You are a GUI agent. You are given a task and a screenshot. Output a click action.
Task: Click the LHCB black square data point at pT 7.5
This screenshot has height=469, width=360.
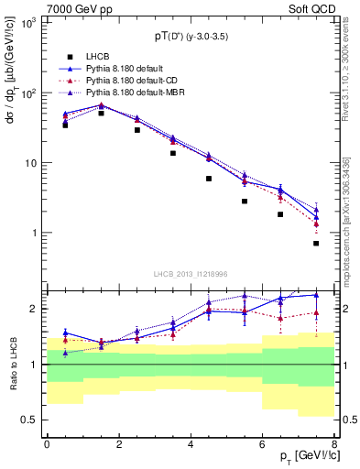[x=316, y=243]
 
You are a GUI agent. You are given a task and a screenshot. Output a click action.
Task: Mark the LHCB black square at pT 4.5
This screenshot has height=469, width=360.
[x=209, y=179]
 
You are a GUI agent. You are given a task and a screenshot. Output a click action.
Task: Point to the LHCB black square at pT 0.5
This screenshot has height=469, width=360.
[x=65, y=125]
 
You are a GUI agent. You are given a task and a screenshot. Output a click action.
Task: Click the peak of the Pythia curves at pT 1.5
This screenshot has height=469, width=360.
[x=101, y=105]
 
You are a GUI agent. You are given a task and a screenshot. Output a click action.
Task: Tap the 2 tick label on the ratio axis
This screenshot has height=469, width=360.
[x=34, y=309]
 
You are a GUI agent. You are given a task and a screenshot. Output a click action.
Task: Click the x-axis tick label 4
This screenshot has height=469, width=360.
[x=190, y=443]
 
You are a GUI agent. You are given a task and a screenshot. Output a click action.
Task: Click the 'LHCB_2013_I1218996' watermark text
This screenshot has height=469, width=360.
[x=190, y=274]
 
